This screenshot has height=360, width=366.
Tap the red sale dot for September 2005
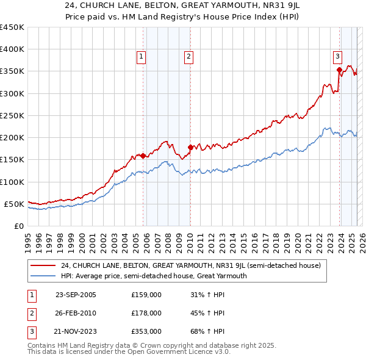pos(143,156)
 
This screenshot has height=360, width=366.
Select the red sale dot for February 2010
pos(190,147)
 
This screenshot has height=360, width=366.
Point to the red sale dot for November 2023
pos(339,70)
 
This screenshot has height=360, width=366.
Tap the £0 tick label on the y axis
pos(18,226)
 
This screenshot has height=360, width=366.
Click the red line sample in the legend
pos(43,265)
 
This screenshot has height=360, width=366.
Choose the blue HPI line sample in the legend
pos(43,276)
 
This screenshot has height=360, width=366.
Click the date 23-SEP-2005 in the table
pos(76,295)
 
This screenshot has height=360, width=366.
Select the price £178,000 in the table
pos(146,313)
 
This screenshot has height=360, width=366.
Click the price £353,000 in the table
pos(146,331)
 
